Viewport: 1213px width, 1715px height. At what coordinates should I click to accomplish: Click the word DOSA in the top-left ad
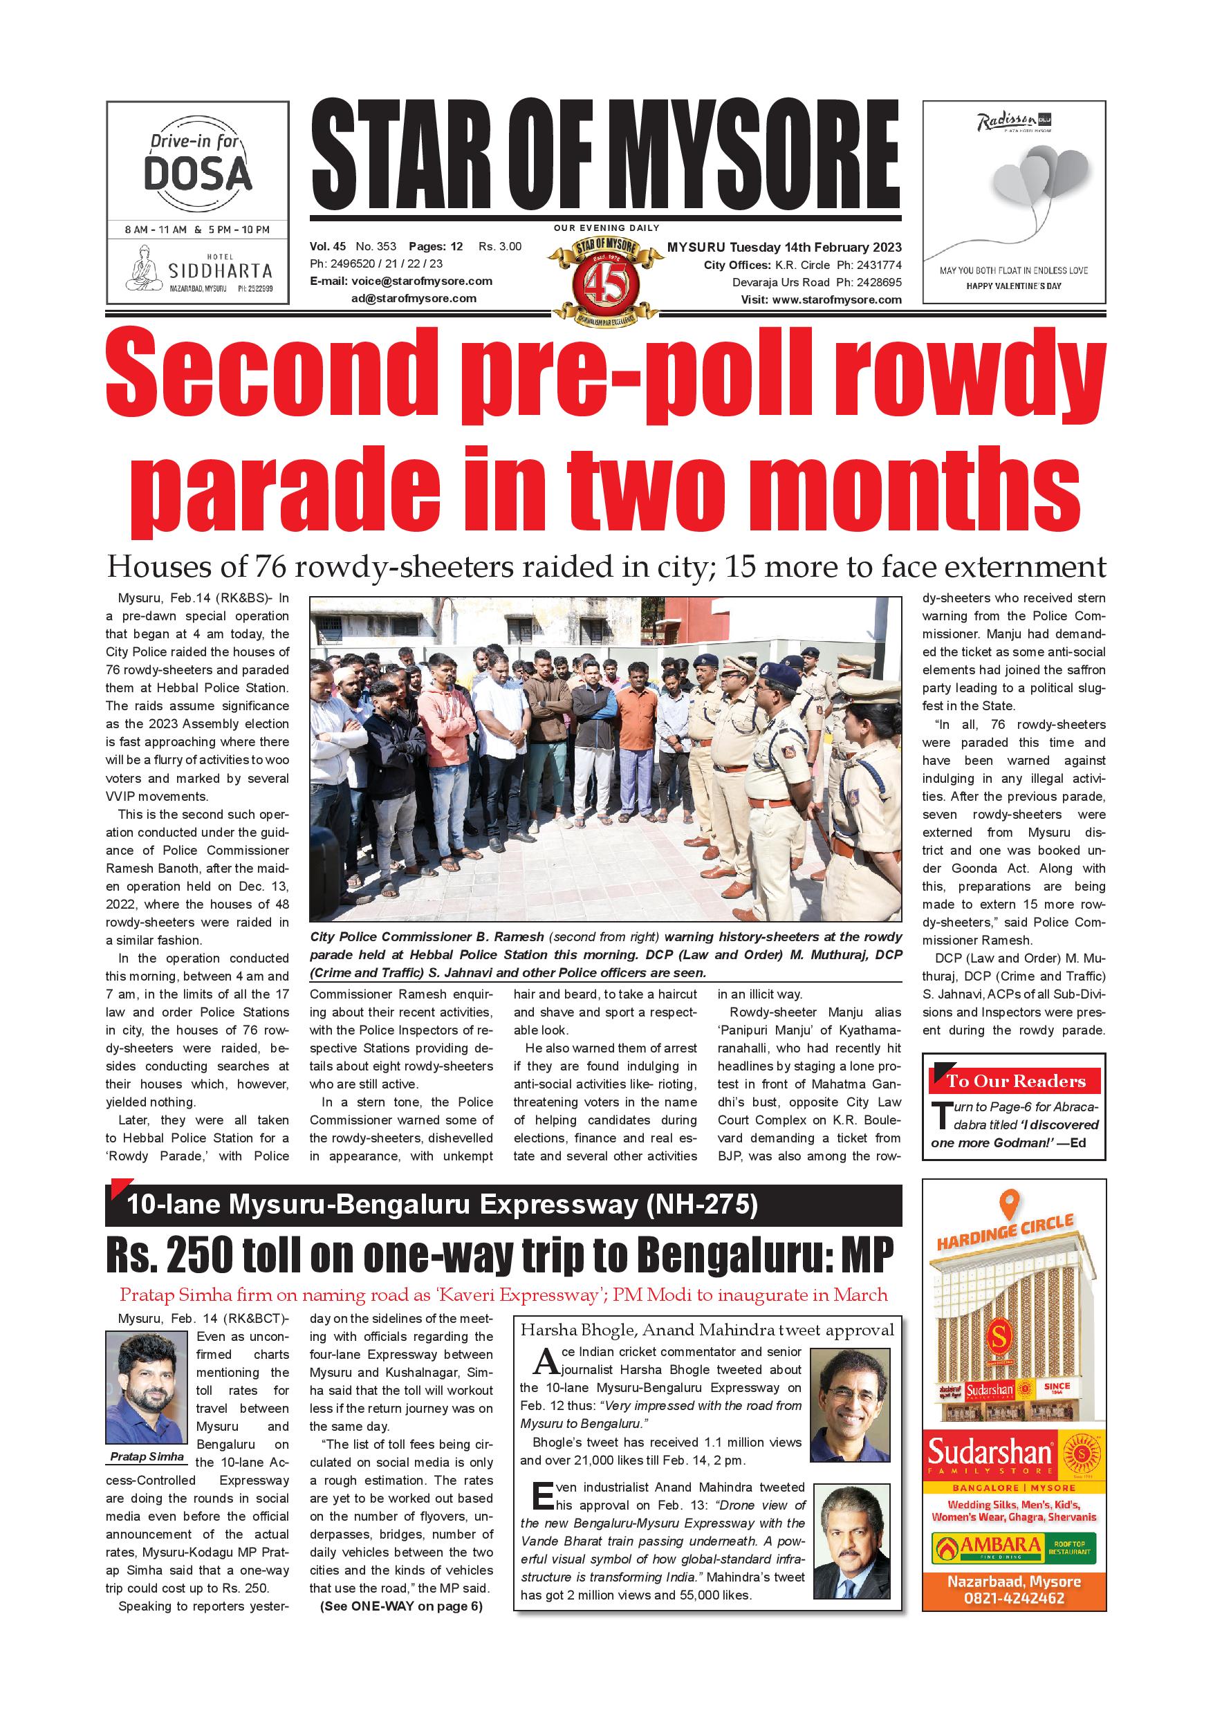point(197,174)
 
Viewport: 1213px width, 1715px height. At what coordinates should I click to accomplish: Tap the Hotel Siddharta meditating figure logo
point(143,269)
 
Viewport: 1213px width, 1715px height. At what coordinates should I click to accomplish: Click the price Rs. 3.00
point(500,246)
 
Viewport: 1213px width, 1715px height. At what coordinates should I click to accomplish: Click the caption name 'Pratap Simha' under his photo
point(147,1456)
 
